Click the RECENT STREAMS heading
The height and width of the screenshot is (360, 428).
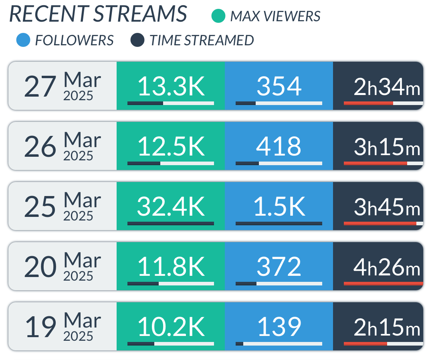(98, 14)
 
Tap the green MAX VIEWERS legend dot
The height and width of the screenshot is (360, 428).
(218, 16)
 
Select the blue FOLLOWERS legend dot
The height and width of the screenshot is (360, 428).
(23, 40)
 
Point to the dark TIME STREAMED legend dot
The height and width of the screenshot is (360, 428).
(137, 40)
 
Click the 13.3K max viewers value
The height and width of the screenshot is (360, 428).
(171, 86)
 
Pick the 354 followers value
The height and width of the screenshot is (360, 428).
(279, 86)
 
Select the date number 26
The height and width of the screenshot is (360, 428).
(40, 147)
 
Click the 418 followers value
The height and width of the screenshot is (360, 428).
(279, 146)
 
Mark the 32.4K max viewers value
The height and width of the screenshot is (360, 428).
(171, 206)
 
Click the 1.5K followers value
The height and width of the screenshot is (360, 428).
(279, 206)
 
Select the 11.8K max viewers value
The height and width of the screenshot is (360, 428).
(171, 267)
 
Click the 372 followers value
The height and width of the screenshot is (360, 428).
(279, 267)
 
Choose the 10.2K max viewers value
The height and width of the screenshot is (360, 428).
(171, 327)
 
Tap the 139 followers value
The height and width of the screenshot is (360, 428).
(279, 327)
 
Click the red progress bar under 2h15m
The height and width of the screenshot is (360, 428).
(365, 344)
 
